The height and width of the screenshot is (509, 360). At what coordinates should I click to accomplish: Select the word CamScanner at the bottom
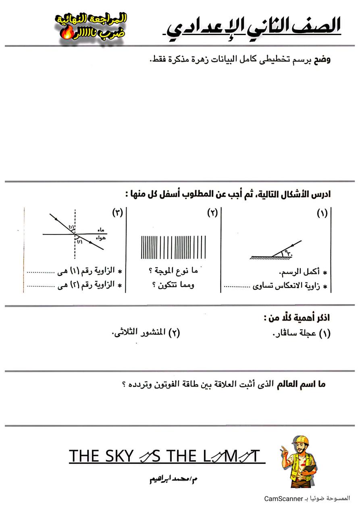pyautogui.click(x=283, y=499)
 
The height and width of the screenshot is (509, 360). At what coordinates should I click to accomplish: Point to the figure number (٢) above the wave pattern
pyautogui.click(x=212, y=214)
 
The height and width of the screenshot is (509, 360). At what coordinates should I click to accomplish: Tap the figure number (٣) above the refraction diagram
pyautogui.click(x=117, y=214)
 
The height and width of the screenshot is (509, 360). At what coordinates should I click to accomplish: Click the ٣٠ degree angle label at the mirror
pyautogui.click(x=289, y=253)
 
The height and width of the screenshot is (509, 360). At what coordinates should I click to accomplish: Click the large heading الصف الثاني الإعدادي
pyautogui.click(x=254, y=28)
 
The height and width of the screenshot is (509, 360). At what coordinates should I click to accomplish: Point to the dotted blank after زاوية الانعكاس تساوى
pyautogui.click(x=237, y=287)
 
